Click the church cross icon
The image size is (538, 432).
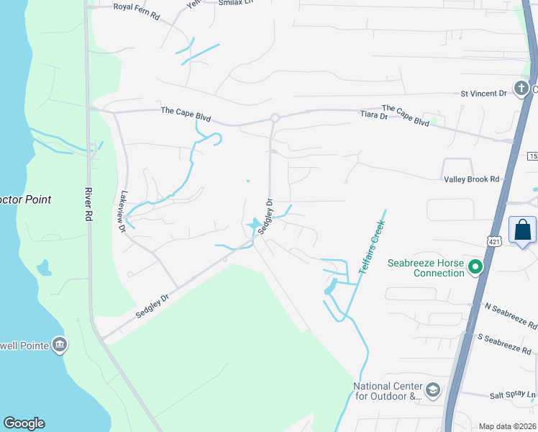520,89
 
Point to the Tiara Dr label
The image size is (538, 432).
373,115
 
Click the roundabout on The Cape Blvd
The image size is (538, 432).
275,118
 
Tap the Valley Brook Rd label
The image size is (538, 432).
470,179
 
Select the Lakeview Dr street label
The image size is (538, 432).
123,211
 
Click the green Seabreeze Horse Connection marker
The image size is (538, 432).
475,268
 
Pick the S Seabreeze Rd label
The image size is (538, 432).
503,343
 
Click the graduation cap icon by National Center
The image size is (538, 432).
433,390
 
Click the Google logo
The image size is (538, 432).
24,423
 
